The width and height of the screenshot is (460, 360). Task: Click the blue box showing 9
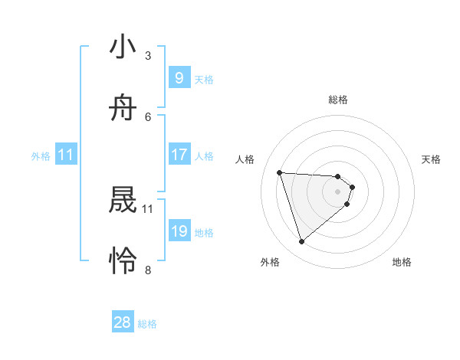click(x=179, y=78)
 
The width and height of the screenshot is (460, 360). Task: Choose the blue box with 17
click(x=179, y=155)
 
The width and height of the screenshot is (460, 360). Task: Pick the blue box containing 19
click(x=179, y=231)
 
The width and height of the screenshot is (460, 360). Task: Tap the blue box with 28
click(x=123, y=322)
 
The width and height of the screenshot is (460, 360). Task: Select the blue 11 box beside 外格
click(x=66, y=155)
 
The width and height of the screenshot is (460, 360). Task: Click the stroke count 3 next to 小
click(x=148, y=55)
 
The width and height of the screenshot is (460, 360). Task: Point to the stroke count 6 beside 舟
click(x=148, y=116)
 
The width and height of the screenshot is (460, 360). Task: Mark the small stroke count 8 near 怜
click(x=148, y=270)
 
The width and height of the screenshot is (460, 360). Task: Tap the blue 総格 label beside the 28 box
click(x=147, y=324)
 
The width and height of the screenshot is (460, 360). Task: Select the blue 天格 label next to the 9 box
click(x=203, y=80)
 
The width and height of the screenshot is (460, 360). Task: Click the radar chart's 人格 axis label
click(x=245, y=159)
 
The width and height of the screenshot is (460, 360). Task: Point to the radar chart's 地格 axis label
click(x=402, y=262)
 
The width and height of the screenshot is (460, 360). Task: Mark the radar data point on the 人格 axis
click(x=280, y=172)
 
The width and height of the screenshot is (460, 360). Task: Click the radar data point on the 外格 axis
click(x=301, y=242)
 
